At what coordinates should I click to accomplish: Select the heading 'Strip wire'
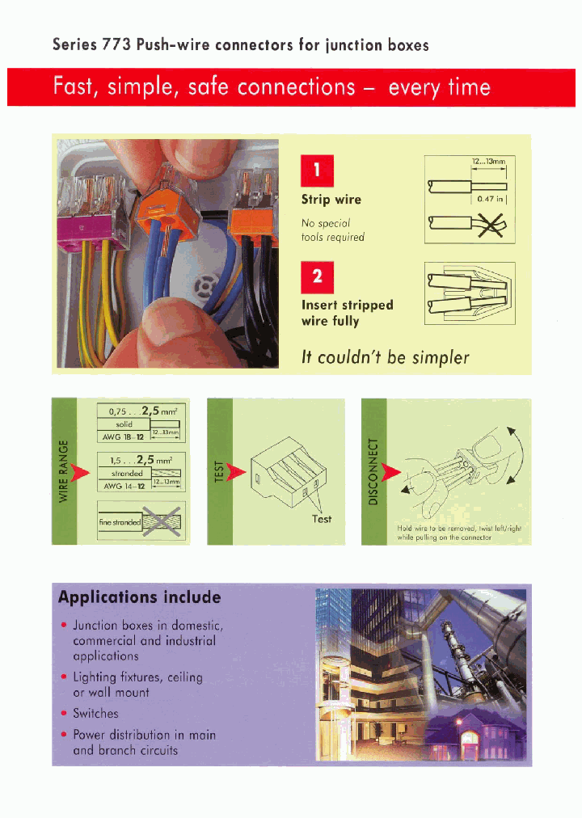(331, 200)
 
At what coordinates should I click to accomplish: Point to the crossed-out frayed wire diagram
(469, 228)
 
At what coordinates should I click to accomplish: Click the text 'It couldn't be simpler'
(385, 357)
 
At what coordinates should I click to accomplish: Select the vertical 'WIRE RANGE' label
(63, 470)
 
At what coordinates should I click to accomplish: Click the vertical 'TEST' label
(219, 471)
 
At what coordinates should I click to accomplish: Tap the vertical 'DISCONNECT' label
(373, 471)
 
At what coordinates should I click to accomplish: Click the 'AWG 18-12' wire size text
(123, 436)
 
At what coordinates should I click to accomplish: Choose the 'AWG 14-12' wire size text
(123, 486)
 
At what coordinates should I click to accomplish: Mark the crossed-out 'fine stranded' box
(141, 522)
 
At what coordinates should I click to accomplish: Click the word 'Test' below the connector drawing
(322, 519)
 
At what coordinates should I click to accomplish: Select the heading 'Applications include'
(139, 597)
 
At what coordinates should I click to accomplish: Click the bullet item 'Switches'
(95, 714)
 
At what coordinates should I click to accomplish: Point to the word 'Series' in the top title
(74, 45)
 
